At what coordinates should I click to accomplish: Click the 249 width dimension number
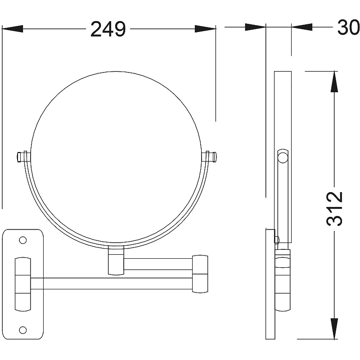108,29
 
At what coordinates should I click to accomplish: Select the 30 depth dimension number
348,27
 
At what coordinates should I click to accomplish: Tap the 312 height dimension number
334,209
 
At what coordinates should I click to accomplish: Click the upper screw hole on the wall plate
23,240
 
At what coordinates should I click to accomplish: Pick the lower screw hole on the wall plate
23,330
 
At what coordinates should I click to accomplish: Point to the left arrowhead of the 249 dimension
13,29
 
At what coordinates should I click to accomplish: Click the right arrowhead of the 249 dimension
205,29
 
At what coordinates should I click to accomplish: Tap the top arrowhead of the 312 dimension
334,82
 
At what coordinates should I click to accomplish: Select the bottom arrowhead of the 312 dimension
334,328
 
